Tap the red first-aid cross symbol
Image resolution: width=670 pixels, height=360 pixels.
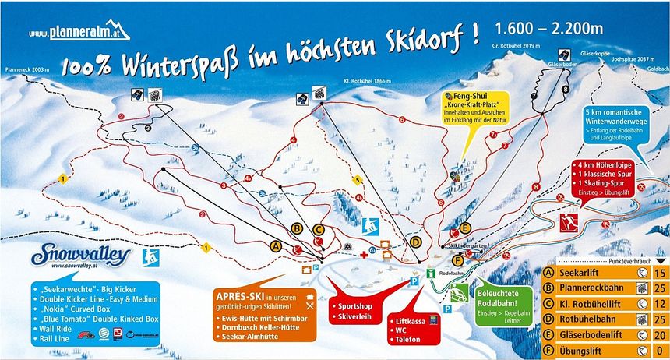pyautogui.click(x=363, y=255)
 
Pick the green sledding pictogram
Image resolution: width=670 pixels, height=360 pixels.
pyautogui.click(x=460, y=293)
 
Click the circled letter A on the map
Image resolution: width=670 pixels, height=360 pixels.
pyautogui.click(x=274, y=245)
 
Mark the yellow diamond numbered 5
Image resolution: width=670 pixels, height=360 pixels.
pyautogui.click(x=358, y=180)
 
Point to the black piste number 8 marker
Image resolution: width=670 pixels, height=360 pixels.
pyautogui.click(x=565, y=91)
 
